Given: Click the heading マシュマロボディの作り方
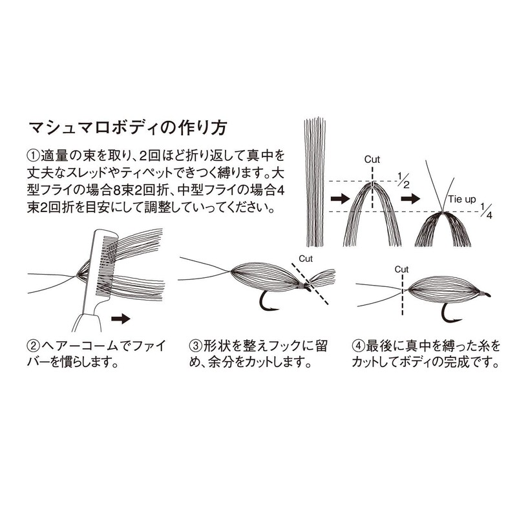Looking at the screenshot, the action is tap(128, 128).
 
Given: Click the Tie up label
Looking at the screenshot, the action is tap(462, 199).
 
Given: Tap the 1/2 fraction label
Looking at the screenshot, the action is tap(403, 180).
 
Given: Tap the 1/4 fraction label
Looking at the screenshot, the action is tap(486, 211).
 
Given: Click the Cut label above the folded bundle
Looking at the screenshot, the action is tap(372, 160).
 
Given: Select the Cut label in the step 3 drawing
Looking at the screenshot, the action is tap(306, 259).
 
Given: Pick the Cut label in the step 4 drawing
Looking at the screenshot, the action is tap(401, 269).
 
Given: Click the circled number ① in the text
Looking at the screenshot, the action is tap(34, 155).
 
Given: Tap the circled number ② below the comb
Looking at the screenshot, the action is tap(34, 346).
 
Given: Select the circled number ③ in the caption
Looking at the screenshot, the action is tap(196, 346).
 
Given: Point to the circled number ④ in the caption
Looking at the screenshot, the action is tap(359, 346).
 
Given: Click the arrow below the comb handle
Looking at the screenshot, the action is tap(121, 319).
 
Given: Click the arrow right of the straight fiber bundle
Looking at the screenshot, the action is tap(340, 198).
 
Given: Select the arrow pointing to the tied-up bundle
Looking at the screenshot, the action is tap(410, 198).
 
